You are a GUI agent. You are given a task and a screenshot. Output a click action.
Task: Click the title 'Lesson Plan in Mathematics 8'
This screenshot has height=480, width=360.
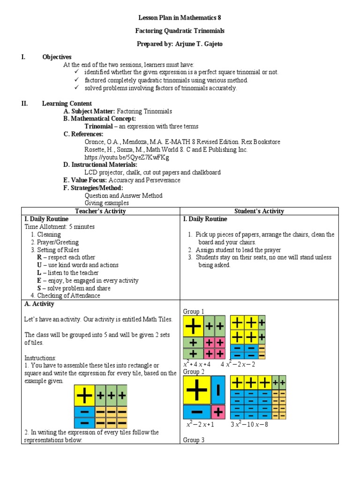[180, 18]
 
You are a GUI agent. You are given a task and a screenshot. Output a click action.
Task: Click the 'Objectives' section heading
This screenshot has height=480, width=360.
[57, 57]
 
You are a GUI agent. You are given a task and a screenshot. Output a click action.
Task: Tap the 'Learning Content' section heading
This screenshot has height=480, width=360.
[67, 103]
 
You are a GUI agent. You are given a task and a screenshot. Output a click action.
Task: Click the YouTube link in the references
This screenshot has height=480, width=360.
[127, 157]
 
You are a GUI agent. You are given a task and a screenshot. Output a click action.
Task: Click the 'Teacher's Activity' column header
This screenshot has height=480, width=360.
[100, 211]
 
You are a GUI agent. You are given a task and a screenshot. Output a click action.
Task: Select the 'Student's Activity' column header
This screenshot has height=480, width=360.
[259, 211]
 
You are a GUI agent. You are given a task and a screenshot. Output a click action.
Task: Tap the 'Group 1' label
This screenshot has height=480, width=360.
[194, 311]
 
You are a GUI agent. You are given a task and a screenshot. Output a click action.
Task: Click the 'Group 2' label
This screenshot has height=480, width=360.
[194, 371]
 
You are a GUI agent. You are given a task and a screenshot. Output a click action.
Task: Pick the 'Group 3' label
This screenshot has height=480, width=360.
[194, 440]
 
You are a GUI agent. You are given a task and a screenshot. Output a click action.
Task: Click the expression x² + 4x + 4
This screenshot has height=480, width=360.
[197, 364]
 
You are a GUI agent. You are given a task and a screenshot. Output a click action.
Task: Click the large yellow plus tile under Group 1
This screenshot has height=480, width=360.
[194, 326]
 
